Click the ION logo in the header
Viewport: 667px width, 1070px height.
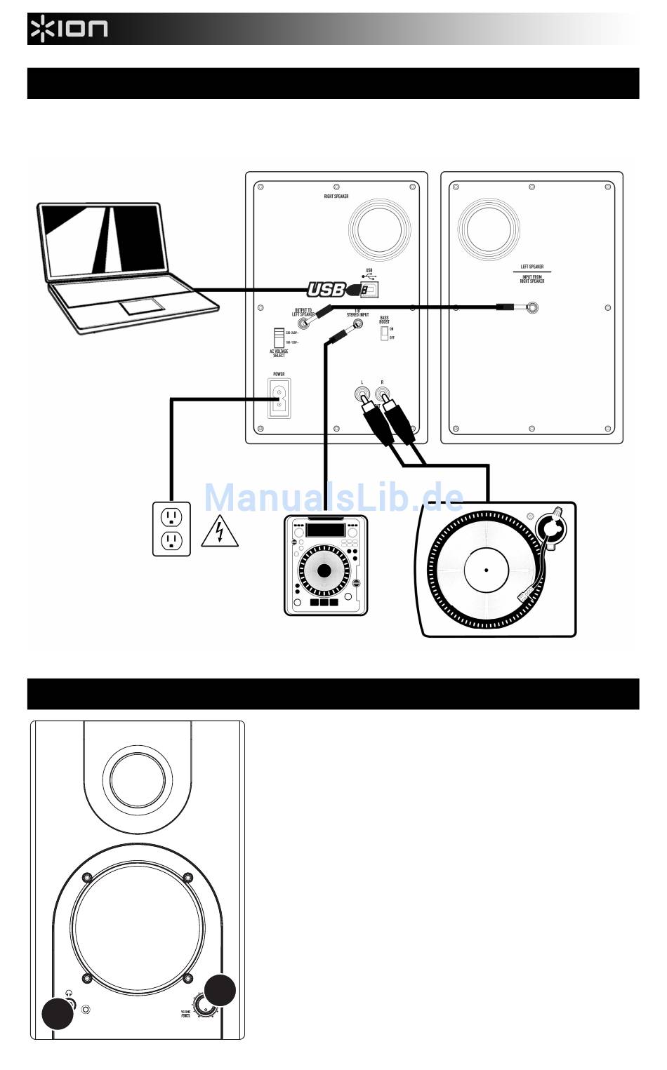(69, 29)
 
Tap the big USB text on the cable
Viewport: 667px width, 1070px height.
(326, 289)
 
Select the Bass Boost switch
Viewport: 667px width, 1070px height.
(384, 333)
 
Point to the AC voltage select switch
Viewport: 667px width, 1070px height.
(279, 336)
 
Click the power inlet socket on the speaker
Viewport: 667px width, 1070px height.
(279, 399)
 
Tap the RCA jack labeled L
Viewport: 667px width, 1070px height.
(362, 394)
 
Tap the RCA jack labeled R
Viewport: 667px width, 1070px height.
(383, 394)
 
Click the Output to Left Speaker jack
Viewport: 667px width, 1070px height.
(305, 323)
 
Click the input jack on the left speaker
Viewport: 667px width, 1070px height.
(533, 307)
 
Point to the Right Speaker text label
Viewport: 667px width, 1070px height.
(336, 196)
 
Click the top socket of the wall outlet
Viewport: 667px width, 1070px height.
(171, 516)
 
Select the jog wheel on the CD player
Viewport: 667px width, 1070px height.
(323, 571)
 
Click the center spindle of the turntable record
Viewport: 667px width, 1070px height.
(486, 568)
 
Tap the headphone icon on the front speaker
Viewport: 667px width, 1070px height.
(68, 994)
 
